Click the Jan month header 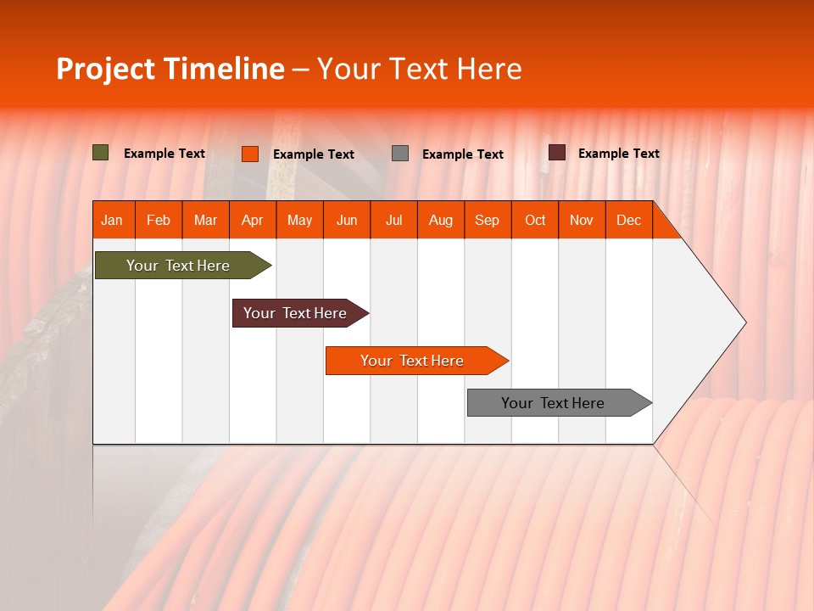(x=113, y=220)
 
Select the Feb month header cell (x=159, y=220)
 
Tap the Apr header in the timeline (x=253, y=220)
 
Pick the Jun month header (x=347, y=220)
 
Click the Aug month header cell (x=441, y=220)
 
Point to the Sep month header (x=488, y=220)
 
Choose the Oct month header (x=535, y=220)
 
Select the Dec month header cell (x=629, y=220)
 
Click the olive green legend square (x=101, y=153)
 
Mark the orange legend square (x=250, y=154)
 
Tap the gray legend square (x=400, y=154)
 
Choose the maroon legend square (x=557, y=153)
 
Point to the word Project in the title (x=106, y=69)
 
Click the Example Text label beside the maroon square (x=619, y=154)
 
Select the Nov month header (x=582, y=220)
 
